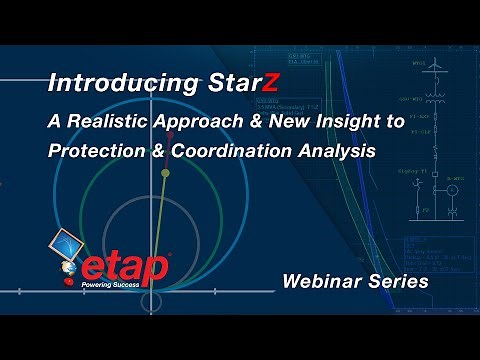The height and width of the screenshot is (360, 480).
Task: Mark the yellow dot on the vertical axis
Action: point(165,174)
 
